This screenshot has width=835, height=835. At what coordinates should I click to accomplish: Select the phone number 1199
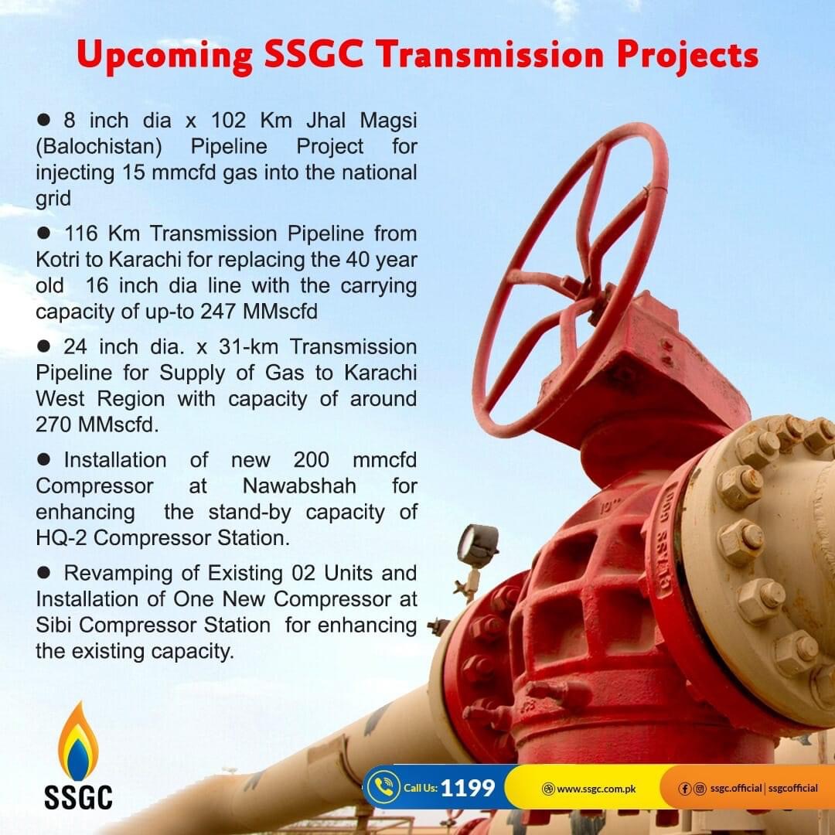(x=468, y=788)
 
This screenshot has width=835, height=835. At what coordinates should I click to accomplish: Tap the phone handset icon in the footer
(x=383, y=787)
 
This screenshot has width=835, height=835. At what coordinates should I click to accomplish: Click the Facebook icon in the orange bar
(x=685, y=789)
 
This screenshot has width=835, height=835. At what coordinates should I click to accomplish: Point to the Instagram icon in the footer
(x=700, y=789)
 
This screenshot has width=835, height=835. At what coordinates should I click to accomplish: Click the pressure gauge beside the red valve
(x=478, y=545)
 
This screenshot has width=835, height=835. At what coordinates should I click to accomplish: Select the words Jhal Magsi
(x=361, y=121)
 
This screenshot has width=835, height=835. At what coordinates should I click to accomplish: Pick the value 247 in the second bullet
(x=218, y=312)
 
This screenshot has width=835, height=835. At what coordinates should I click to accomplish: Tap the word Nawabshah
(x=299, y=486)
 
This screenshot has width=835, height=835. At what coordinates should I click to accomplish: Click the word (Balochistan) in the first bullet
(x=99, y=147)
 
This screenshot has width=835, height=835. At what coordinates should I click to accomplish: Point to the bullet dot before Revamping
(x=43, y=572)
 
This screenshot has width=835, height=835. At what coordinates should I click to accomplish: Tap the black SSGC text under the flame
(x=78, y=797)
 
